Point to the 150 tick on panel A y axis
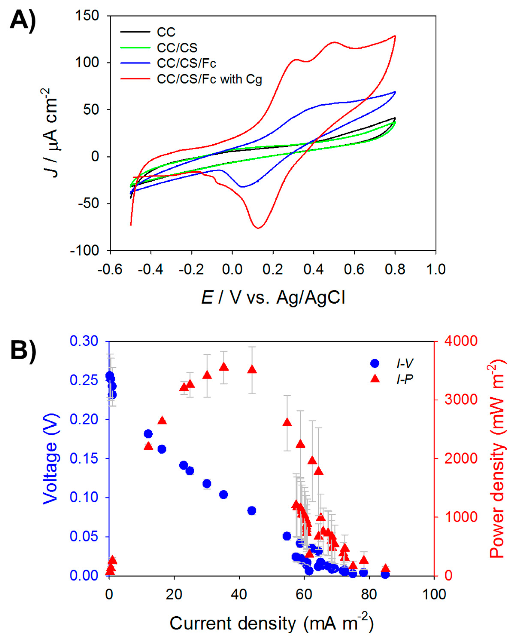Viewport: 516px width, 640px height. click(x=87, y=15)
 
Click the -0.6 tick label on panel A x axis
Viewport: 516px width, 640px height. click(x=110, y=269)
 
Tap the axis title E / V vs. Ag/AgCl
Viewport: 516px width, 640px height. click(x=273, y=297)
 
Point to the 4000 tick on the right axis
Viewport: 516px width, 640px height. click(x=461, y=341)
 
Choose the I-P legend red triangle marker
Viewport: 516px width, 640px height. click(x=375, y=379)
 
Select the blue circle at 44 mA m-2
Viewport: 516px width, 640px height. click(x=252, y=511)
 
